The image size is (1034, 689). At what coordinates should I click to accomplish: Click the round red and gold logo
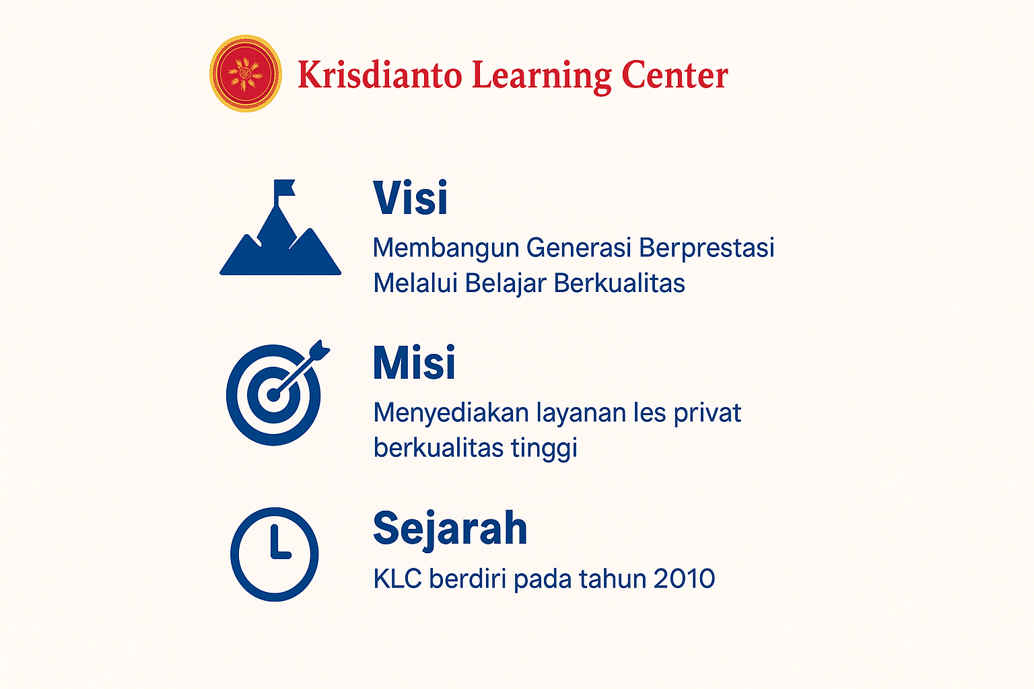[x=245, y=73]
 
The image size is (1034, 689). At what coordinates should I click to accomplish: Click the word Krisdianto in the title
[x=380, y=75]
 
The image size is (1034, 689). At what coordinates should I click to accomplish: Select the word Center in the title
[x=675, y=75]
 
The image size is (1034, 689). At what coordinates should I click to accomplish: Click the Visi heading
[x=411, y=198]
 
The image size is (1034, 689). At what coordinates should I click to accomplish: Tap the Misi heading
[x=414, y=363]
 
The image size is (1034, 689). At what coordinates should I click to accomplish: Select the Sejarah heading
[x=450, y=528]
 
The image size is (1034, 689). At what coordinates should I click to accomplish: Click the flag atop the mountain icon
[x=283, y=188]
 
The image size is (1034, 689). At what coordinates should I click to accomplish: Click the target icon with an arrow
[x=275, y=394]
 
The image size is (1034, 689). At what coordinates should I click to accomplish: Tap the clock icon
[x=275, y=554]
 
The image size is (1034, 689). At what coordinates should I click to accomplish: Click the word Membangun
[x=446, y=248]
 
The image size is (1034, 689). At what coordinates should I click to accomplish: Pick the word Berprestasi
[x=706, y=248]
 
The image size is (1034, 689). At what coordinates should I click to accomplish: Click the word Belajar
[x=505, y=283]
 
